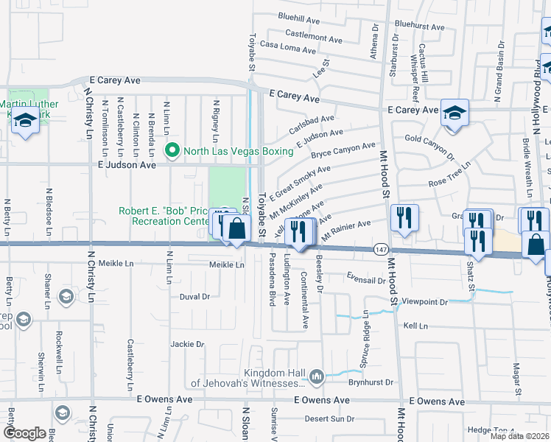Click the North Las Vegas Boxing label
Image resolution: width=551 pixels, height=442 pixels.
pos(238,152)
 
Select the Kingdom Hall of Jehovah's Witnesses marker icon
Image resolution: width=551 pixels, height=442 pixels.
pos(317,377)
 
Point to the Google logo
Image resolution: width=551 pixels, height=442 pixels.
pos(24,432)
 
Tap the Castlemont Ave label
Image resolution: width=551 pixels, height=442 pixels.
pos(314,35)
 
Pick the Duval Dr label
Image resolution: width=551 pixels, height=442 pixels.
pos(195,297)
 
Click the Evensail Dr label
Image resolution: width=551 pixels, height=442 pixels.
pos(366,280)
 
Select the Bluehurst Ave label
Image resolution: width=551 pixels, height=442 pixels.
pos(419,26)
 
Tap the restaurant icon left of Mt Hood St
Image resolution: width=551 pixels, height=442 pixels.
pos(404,217)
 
